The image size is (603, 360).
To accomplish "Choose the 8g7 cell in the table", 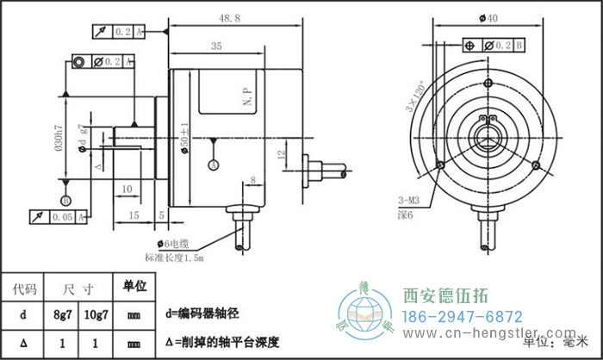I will click(63, 315).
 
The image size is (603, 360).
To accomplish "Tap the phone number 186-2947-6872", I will click(463, 316).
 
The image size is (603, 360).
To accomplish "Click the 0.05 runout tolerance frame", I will click(59, 217).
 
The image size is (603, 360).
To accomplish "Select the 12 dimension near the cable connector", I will click(281, 155).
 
